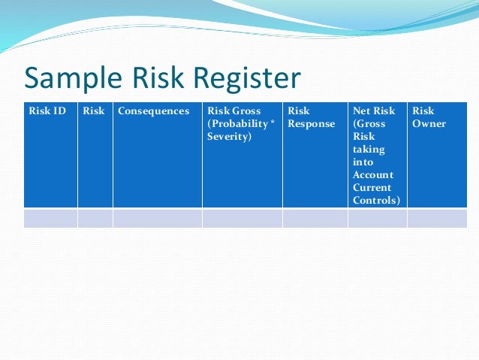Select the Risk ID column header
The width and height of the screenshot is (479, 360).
[x=47, y=111]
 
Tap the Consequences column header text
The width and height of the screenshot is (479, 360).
[x=153, y=111]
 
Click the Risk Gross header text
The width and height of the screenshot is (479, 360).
[x=234, y=111]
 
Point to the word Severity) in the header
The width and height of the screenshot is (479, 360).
[x=230, y=137]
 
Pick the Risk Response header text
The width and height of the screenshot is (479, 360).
[x=311, y=117]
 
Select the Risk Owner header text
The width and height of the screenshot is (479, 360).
[x=429, y=117]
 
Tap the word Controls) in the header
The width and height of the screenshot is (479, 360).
[x=376, y=201]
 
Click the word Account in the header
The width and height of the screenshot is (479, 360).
[x=373, y=175]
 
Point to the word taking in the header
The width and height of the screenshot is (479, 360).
[x=369, y=150]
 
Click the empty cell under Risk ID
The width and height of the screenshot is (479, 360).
[x=50, y=218]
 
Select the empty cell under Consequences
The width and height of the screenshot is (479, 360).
[x=157, y=218]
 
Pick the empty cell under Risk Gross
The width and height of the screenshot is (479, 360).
[x=242, y=218]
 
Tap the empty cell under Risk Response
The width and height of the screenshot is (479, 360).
[x=315, y=218]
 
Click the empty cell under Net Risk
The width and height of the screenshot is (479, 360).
[x=377, y=218]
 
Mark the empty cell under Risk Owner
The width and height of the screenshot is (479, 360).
[x=436, y=218]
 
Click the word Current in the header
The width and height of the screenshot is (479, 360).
[x=372, y=188]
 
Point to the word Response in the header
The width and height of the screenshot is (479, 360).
[x=311, y=124]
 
